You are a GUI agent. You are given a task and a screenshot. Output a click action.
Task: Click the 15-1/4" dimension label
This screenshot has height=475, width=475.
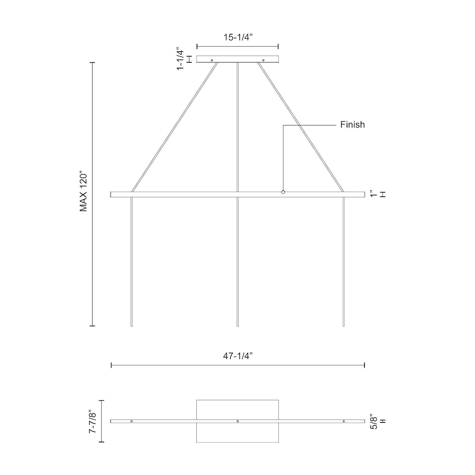[237, 37]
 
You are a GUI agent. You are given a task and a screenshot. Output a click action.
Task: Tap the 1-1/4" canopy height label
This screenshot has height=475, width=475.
[180, 59]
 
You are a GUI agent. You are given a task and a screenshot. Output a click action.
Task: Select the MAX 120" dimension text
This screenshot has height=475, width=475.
[83, 192]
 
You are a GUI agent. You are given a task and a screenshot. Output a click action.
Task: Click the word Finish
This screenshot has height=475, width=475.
[352, 125]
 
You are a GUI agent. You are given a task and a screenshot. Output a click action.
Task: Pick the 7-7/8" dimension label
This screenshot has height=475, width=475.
[92, 421]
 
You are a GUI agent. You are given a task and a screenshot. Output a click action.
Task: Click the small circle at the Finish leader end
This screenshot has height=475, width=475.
[283, 192]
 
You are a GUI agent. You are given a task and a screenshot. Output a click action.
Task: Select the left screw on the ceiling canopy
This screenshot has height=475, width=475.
[212, 60]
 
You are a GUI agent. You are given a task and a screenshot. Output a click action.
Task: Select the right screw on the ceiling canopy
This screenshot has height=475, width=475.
[263, 60]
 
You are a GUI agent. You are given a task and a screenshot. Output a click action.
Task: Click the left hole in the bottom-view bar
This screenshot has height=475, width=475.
[132, 421]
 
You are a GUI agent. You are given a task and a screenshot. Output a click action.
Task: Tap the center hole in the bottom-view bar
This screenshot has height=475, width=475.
[237, 421]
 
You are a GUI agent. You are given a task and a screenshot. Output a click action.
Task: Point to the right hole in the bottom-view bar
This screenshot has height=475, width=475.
[344, 421]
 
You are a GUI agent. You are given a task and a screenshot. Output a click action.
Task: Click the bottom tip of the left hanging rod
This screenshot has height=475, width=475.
[131, 326]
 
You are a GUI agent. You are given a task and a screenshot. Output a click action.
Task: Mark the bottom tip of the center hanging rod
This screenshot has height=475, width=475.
[237, 326]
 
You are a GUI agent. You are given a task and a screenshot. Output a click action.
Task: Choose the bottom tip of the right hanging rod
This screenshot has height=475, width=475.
[344, 326]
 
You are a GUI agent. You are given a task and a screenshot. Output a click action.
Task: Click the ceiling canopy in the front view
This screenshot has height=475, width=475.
[237, 59]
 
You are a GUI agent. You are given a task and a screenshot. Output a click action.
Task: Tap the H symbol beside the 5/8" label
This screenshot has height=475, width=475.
[383, 421]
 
